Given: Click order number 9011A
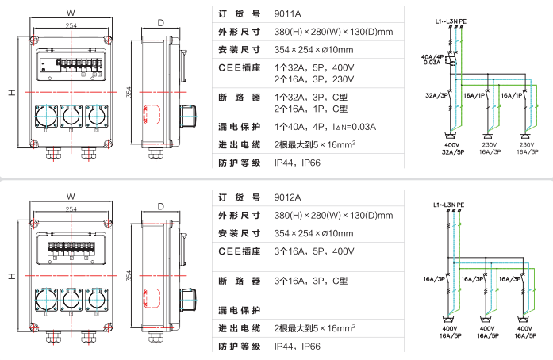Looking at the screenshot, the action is pyautogui.click(x=287, y=13).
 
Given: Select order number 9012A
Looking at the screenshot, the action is pyautogui.click(x=287, y=197).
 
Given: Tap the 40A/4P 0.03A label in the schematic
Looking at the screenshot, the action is pyautogui.click(x=432, y=59).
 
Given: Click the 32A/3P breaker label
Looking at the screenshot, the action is pyautogui.click(x=436, y=95).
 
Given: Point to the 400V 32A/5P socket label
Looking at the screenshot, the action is pyautogui.click(x=452, y=148).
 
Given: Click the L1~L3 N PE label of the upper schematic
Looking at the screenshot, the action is pyautogui.click(x=451, y=21).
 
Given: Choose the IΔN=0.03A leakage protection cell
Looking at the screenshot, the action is pyautogui.click(x=325, y=127).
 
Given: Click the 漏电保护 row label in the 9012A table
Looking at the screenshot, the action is pyautogui.click(x=239, y=310).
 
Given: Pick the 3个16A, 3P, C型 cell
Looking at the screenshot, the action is pyautogui.click(x=311, y=281).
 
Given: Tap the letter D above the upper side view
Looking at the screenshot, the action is pyautogui.click(x=161, y=23).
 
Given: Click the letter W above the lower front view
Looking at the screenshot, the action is pyautogui.click(x=71, y=196).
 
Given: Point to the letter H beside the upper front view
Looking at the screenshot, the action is pyautogui.click(x=13, y=93).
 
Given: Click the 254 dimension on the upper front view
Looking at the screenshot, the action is pyautogui.click(x=71, y=25).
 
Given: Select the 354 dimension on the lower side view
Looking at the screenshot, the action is pyautogui.click(x=129, y=276).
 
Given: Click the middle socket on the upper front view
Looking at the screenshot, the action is pyautogui.click(x=71, y=116).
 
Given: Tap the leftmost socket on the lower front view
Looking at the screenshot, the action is pyautogui.click(x=46, y=300).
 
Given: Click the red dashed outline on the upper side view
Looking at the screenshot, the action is pyautogui.click(x=152, y=114).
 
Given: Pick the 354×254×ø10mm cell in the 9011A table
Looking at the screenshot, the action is pyautogui.click(x=313, y=50).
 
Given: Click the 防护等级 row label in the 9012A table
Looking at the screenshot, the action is pyautogui.click(x=239, y=347).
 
